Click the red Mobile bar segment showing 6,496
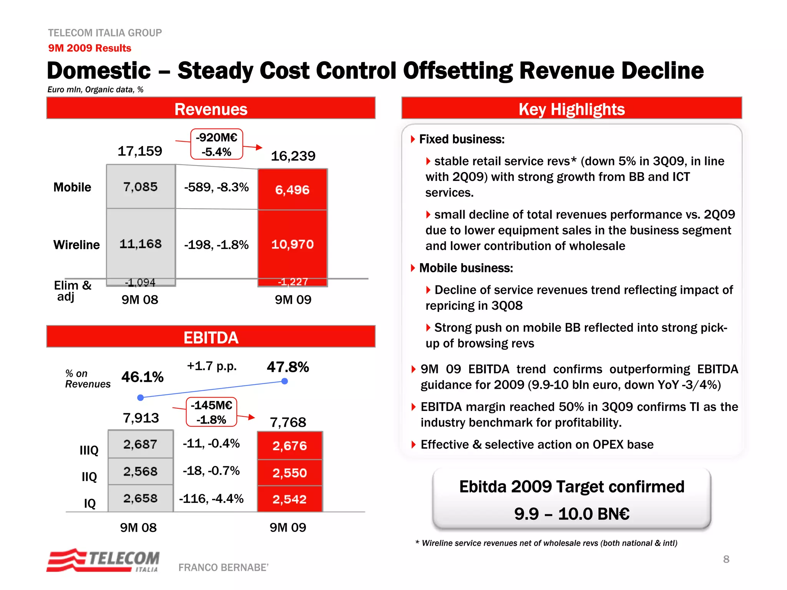click(292, 190)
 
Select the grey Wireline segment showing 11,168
click(141, 244)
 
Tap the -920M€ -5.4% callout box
click(217, 144)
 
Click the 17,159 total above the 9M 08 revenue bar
click(140, 151)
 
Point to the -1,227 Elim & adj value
click(293, 282)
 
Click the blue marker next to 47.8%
click(285, 381)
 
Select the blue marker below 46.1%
click(141, 398)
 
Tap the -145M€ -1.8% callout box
click(211, 412)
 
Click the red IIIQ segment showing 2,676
click(290, 446)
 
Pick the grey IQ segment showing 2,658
click(141, 498)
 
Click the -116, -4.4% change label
click(211, 499)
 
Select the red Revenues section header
click(211, 109)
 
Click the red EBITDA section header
click(211, 337)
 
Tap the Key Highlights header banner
click(571, 109)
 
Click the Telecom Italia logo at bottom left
click(103, 560)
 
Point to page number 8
click(726, 559)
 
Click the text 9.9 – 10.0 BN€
click(571, 514)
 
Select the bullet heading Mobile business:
click(466, 268)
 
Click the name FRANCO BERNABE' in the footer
click(223, 567)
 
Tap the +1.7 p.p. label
click(212, 366)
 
